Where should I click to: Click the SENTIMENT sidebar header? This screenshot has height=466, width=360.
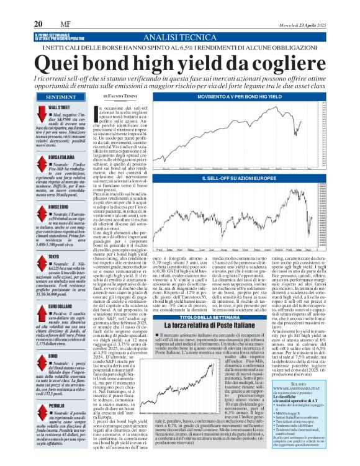61,97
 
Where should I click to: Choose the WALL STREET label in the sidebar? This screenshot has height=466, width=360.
59,108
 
